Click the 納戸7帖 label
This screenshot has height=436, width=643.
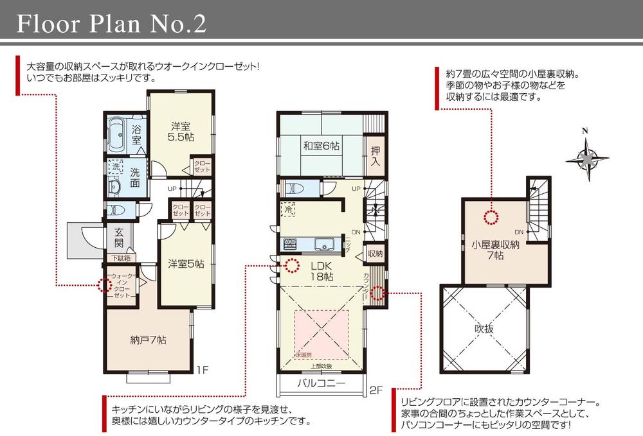(x=147, y=340)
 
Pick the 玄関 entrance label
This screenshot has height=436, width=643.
(x=119, y=238)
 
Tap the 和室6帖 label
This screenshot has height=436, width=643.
(x=321, y=146)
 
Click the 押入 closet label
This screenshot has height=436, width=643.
(x=376, y=155)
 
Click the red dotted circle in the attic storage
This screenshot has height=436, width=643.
(x=491, y=218)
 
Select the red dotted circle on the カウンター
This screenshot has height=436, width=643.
(x=378, y=293)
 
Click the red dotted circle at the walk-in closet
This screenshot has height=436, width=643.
(x=104, y=286)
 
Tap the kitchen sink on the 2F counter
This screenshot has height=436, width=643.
(x=323, y=245)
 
